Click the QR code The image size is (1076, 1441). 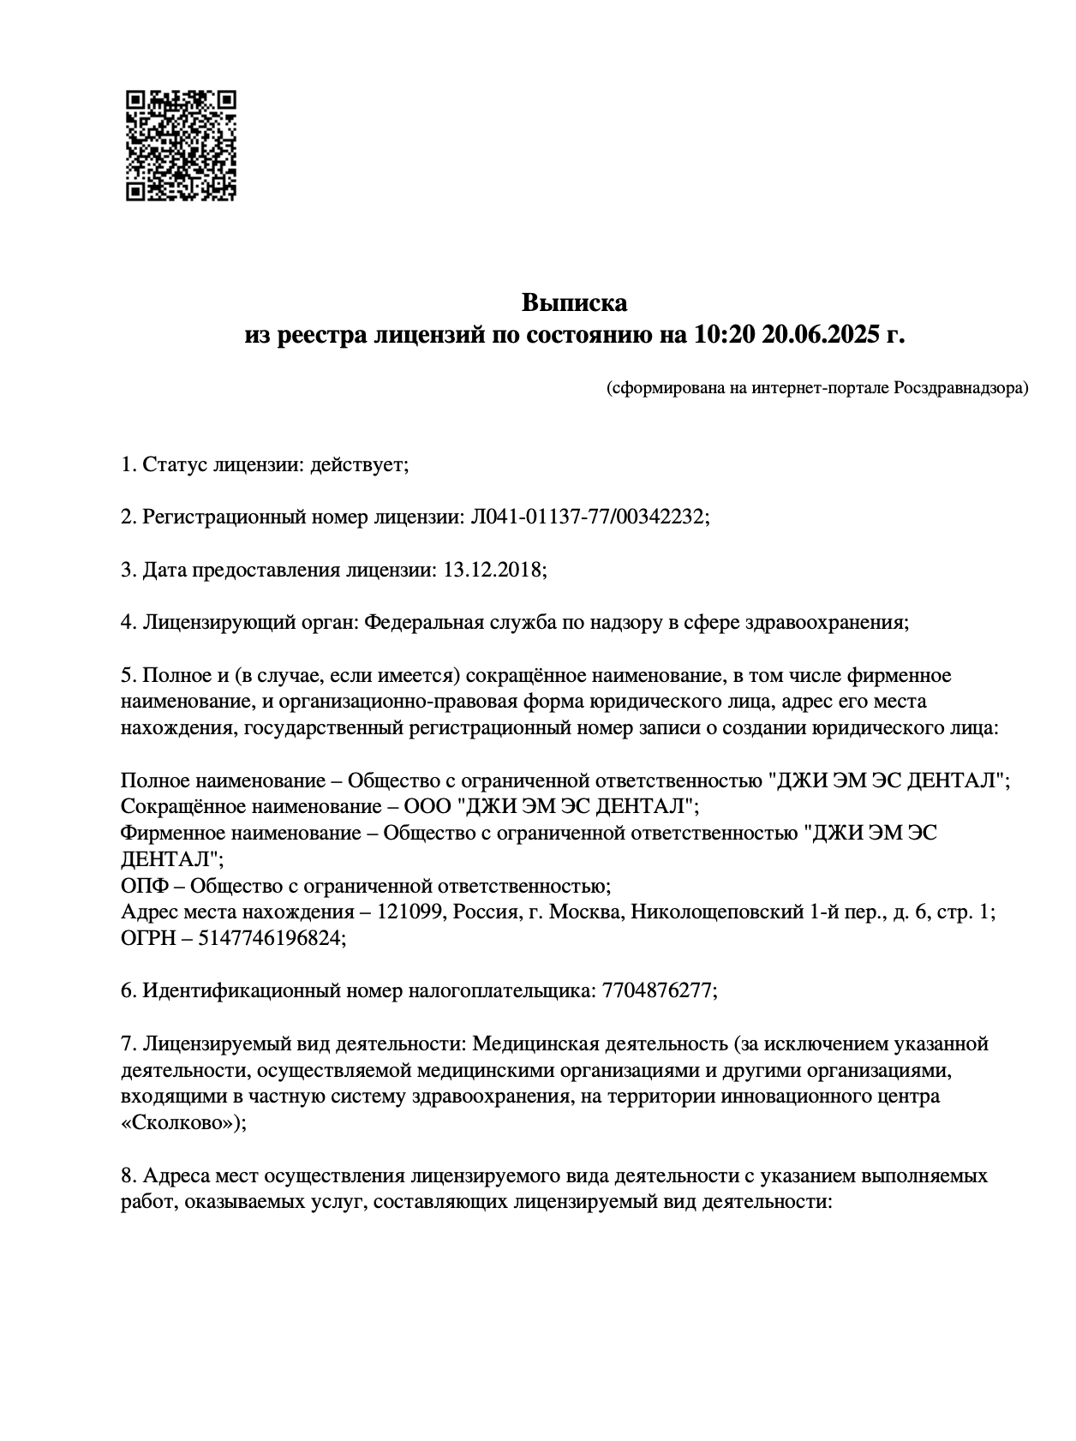[x=181, y=146]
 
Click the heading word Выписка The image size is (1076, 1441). [x=574, y=302]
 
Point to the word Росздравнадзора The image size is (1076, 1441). [x=960, y=388]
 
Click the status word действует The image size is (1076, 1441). [x=359, y=465]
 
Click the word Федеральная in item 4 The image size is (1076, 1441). [x=417, y=623]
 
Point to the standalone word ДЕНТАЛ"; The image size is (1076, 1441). [x=173, y=858]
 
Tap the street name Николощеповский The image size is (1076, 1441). [x=716, y=912]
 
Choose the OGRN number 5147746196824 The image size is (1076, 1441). [x=272, y=938]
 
